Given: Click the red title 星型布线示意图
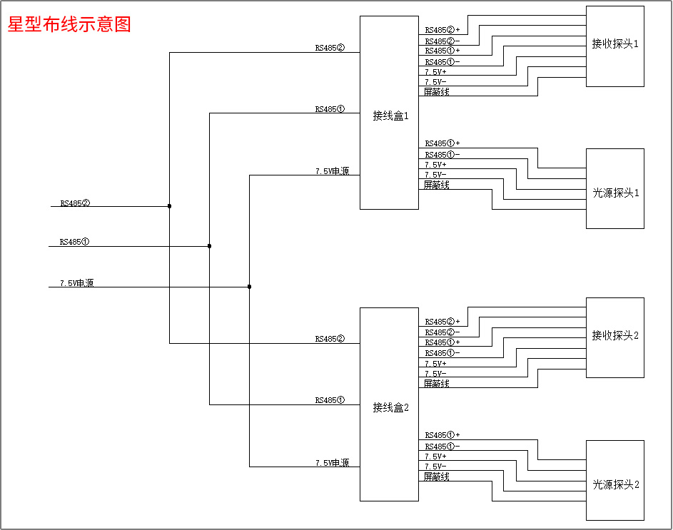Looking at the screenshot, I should click(69, 25).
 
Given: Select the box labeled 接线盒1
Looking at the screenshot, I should click(389, 114).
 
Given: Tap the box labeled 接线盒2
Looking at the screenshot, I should click(389, 407).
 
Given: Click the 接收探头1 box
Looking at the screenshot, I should click(614, 45).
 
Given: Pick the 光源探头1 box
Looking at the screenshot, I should click(614, 193).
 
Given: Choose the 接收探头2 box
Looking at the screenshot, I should click(614, 336).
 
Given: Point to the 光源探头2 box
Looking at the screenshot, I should click(614, 484).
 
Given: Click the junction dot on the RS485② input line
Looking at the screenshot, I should click(169, 206).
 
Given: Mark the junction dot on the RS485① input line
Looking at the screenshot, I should click(209, 246).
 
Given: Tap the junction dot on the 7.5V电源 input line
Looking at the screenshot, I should click(249, 287).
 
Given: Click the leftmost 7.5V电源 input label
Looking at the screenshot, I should click(76, 283).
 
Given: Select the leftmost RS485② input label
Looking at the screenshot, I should click(75, 203).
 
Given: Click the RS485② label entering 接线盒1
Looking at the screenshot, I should click(330, 49).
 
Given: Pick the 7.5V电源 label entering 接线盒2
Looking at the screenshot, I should click(332, 463).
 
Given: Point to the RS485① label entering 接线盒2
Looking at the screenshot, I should click(330, 400).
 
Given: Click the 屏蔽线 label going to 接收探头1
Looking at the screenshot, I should click(436, 92).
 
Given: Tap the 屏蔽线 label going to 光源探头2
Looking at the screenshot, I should click(436, 477).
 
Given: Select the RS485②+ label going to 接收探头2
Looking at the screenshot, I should click(442, 322).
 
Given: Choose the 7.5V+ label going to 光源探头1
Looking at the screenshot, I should click(435, 165).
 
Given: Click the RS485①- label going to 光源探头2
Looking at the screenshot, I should click(442, 447).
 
